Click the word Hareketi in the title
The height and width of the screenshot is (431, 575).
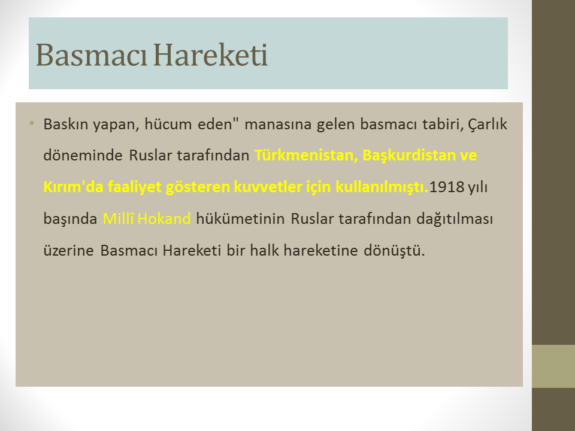[x=210, y=55]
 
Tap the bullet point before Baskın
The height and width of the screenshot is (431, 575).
[x=32, y=123]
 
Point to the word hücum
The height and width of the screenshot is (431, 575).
[x=168, y=124]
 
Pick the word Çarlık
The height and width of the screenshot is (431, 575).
[x=488, y=125]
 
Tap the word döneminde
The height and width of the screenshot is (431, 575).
[x=83, y=156]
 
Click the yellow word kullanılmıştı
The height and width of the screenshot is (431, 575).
[x=382, y=187]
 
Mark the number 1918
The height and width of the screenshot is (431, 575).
[x=447, y=187]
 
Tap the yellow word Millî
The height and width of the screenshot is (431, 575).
[x=119, y=218]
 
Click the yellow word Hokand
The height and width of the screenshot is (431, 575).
[x=164, y=219]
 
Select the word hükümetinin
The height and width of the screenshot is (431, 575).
[x=240, y=219]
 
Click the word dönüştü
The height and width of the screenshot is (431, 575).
[x=394, y=251]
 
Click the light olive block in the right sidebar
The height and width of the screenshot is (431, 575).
[x=553, y=366]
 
